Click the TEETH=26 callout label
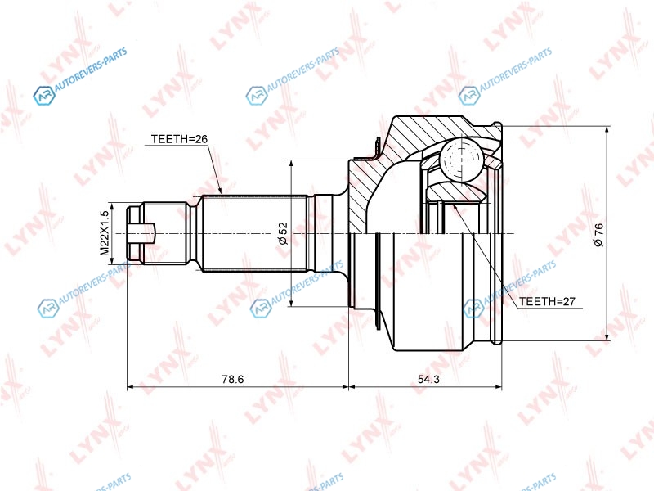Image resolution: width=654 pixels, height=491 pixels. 179,139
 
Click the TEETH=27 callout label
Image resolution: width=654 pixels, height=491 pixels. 547,301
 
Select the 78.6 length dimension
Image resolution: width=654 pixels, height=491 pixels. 233,379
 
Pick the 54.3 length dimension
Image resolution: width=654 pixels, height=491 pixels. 428,379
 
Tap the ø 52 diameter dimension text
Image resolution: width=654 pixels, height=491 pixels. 283,233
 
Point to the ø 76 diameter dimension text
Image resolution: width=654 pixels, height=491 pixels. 598,235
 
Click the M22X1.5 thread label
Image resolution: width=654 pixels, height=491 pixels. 105,233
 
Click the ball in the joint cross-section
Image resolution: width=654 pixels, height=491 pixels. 462,159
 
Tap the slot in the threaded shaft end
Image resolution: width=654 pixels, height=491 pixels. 141,233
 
